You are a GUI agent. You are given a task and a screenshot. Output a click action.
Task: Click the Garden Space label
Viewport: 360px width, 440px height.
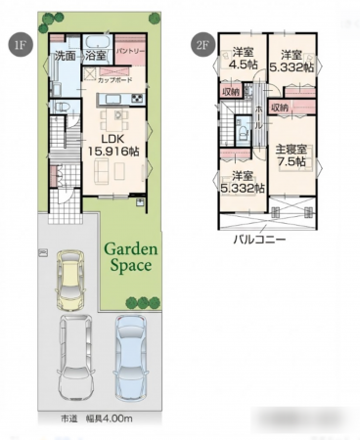point(129,257)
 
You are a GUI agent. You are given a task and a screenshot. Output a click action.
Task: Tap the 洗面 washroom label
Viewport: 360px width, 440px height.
point(65,56)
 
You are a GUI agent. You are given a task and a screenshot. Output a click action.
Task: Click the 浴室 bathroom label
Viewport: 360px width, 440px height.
point(96,56)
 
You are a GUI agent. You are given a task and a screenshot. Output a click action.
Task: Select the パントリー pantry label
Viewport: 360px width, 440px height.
point(130,49)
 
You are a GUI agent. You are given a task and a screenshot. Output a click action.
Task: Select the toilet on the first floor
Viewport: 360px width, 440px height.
point(57,110)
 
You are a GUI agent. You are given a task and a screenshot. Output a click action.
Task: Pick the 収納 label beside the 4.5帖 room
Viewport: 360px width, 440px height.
point(230,92)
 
